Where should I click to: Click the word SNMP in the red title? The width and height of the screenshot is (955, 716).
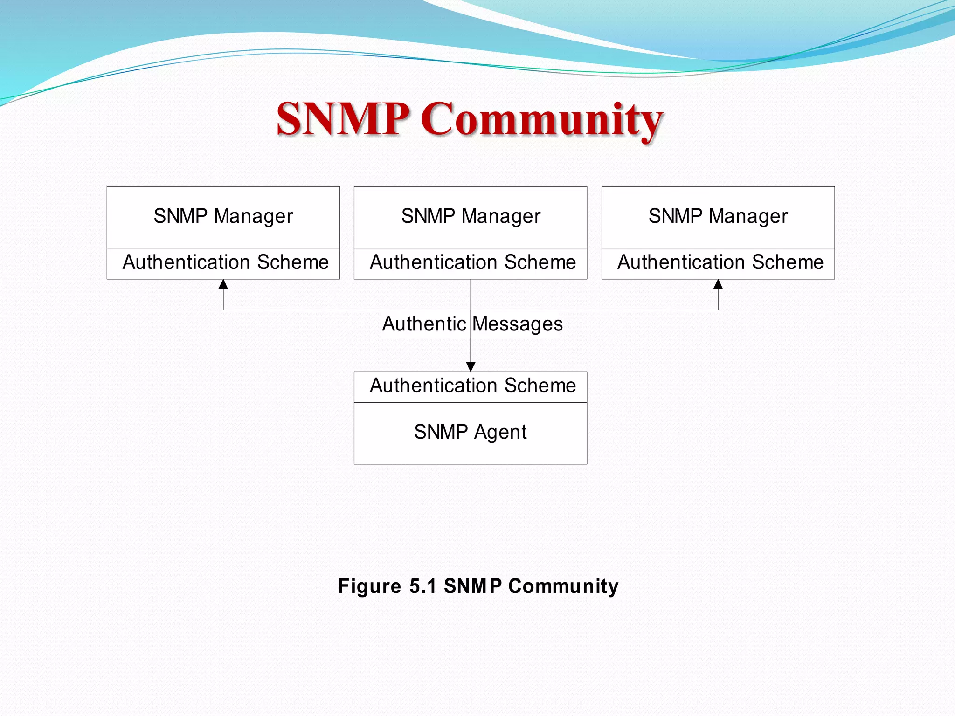pos(343,119)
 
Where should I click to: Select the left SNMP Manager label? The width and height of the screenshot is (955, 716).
pos(223,216)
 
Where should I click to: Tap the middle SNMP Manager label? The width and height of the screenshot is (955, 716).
pos(471,216)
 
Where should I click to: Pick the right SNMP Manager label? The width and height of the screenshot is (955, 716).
pos(718,216)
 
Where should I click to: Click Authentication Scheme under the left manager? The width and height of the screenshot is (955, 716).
pos(226,262)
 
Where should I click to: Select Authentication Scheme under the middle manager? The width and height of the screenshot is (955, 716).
pos(473,262)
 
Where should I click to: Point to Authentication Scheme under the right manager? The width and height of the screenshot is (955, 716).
pos(720,262)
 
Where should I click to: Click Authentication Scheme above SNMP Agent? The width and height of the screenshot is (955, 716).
pos(473,386)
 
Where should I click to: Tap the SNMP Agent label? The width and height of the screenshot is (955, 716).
pos(471,432)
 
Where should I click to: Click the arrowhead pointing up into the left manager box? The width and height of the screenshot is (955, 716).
pos(223,284)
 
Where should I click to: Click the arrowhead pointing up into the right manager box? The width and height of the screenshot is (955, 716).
pos(718,284)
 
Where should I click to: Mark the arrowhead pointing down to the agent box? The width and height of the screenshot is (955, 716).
pos(471,366)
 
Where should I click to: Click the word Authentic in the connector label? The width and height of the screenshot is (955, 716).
pos(423,324)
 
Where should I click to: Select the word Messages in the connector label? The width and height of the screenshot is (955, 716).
pos(518,324)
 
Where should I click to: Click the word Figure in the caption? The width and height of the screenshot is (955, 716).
pos(369,586)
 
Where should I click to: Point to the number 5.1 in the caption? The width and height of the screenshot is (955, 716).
pos(422,586)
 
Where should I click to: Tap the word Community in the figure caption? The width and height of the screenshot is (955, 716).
pos(563,586)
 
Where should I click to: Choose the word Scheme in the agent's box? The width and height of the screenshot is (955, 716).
pos(540,386)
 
